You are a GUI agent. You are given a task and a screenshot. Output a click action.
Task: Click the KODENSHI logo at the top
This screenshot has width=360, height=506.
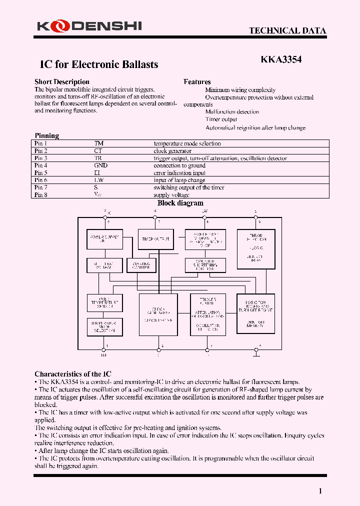coord(89,25)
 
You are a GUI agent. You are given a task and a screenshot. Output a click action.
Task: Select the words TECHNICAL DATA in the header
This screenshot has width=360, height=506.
coord(287,31)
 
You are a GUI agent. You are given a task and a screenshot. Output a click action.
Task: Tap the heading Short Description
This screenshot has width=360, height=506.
coord(62,82)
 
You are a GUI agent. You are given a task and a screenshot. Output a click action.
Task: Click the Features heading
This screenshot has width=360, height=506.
coord(197,82)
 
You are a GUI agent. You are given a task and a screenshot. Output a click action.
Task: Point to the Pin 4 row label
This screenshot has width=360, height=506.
coord(41,165)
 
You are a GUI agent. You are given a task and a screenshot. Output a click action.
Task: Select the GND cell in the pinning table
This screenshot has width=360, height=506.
coord(100,165)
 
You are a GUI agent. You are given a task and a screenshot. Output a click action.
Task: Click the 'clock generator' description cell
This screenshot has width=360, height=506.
coord(172,151)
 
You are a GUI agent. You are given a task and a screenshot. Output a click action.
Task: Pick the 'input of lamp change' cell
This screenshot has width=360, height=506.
coord(179,180)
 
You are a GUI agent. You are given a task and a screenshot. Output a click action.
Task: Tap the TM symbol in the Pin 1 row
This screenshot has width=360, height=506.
coord(98,143)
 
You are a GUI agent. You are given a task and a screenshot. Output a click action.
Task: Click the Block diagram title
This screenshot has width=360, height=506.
coord(180,203)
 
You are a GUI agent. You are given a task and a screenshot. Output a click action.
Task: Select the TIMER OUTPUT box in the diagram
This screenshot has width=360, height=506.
coord(155,239)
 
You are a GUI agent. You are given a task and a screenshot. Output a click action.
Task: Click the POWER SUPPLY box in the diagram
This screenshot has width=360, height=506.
coord(104,239)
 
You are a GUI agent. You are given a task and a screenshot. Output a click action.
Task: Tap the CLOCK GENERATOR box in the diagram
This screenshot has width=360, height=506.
coord(158,314)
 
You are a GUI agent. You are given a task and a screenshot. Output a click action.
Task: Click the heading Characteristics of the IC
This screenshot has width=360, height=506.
coord(73,374)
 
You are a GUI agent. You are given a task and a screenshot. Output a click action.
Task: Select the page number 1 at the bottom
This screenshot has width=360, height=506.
coord(320,491)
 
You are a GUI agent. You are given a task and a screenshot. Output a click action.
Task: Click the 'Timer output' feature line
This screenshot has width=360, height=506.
coord(221,119)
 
